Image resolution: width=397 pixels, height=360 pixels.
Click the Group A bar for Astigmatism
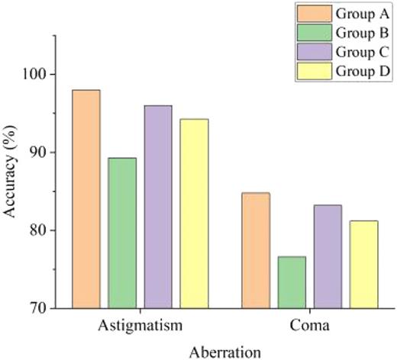86,199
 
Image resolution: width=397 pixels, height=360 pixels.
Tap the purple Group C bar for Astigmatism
158,207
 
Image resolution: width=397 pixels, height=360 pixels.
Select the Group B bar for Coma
292,282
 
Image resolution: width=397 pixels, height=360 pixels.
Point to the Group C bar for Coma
328,256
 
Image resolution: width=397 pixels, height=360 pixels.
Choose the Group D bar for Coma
363,264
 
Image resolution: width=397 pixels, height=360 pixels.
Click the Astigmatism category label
140,325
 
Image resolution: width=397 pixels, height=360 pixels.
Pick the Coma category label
309,325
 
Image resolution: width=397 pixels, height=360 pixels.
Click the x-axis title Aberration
224,350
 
